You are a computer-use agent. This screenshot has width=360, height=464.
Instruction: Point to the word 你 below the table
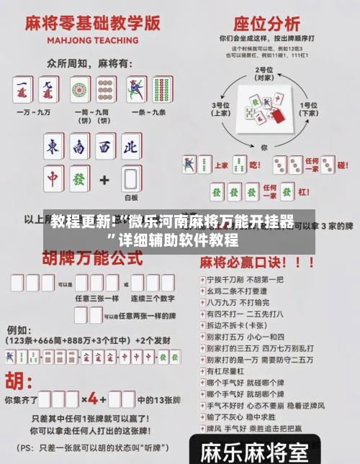[x=264, y=147]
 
